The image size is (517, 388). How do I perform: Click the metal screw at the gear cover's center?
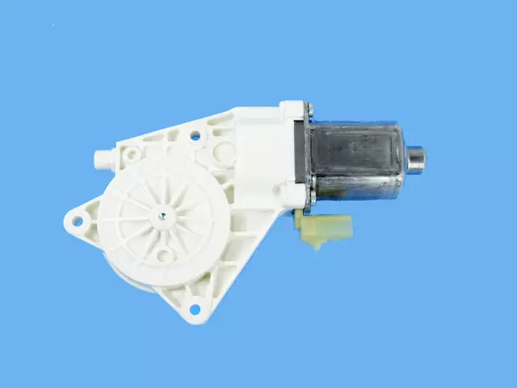(x=162, y=215)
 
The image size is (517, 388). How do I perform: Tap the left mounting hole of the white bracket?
(x=78, y=219)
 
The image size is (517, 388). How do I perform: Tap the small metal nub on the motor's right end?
(x=417, y=158)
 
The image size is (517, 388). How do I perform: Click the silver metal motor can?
(x=355, y=162)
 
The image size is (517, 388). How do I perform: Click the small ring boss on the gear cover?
(x=164, y=256)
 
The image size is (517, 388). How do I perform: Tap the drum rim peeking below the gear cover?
(x=137, y=280)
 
